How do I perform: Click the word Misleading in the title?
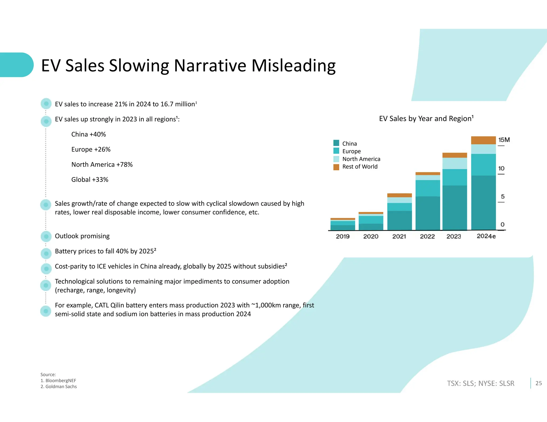[x=293, y=66]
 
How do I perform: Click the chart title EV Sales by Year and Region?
[x=426, y=118]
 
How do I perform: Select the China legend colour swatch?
[x=336, y=143]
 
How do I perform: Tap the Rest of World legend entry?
[x=360, y=167]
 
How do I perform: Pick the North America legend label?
[x=361, y=159]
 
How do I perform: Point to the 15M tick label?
[x=504, y=140]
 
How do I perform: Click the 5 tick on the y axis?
[x=502, y=197]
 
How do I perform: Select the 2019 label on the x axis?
[x=343, y=236]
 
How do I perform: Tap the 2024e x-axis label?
[x=486, y=236]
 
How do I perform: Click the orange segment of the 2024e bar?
[x=483, y=140]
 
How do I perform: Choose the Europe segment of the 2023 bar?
[x=455, y=177]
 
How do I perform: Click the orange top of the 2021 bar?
[x=399, y=195]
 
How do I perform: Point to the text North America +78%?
[x=102, y=165]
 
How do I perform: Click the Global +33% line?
[x=90, y=180]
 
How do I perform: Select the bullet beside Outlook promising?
[x=46, y=236]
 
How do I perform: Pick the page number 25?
[x=538, y=383]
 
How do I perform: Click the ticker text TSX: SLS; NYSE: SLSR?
[x=480, y=383]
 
